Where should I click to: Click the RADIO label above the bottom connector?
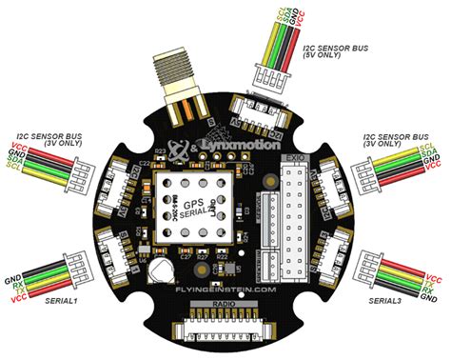225,303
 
